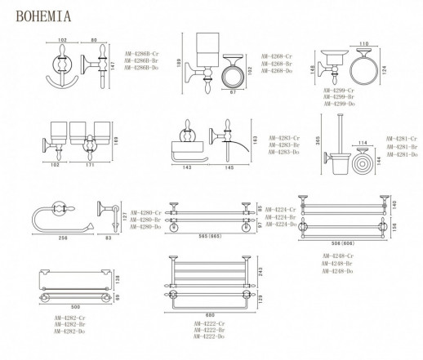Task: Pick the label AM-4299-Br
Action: (339, 98)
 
